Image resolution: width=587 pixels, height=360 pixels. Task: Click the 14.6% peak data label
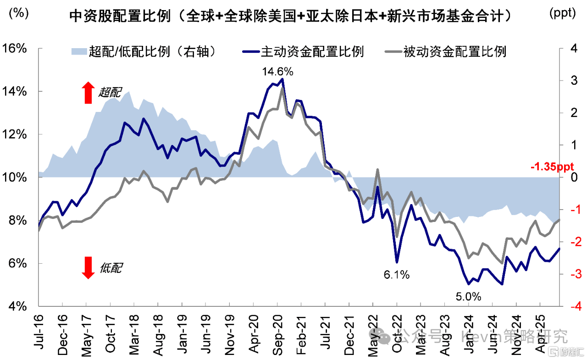pyautogui.click(x=277, y=72)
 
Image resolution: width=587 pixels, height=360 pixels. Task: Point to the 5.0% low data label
pyautogui.click(x=468, y=297)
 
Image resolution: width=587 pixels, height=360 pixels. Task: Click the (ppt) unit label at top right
pyautogui.click(x=562, y=13)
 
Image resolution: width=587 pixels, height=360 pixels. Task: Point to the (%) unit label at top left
pyautogui.click(x=17, y=13)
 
